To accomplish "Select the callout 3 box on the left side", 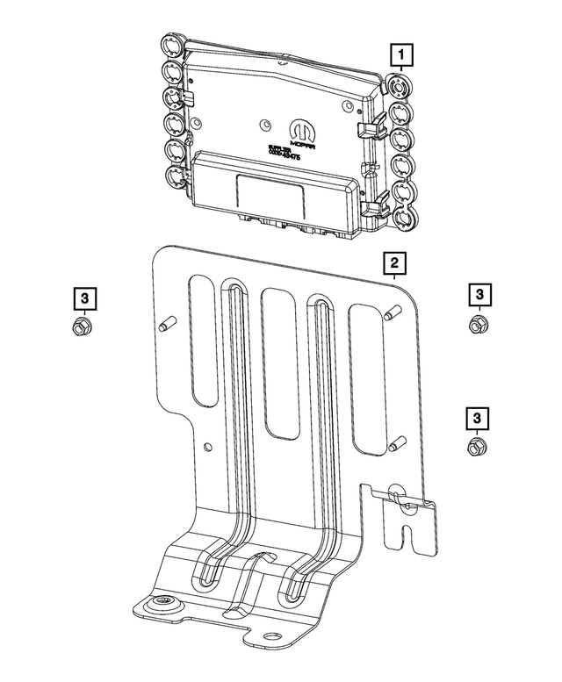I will click(83, 299).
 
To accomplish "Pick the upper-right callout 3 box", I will click(479, 295).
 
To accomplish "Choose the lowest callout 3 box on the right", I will click(479, 418).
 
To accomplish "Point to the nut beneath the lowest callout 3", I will click(477, 448).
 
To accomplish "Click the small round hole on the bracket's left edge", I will click(207, 447).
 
